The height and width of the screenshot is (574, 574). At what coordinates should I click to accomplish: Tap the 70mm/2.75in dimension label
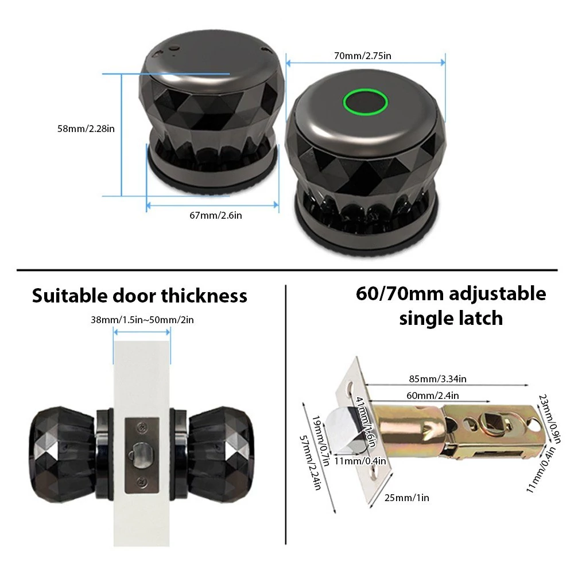point(362,56)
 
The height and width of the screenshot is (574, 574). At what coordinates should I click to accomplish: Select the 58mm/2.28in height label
point(86,129)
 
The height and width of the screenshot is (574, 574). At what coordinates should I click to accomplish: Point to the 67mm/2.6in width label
point(216,215)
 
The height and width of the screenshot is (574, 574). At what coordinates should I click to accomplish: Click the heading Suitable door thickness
point(139,296)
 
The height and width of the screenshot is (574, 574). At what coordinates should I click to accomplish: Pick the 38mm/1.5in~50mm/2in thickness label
point(142,320)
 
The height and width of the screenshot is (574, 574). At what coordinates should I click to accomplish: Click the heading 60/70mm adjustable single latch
point(451,306)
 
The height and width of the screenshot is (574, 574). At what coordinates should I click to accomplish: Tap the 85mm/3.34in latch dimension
point(437,378)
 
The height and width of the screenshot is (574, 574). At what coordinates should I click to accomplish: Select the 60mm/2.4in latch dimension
point(432,395)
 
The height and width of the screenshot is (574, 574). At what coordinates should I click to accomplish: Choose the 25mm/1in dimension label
point(407,498)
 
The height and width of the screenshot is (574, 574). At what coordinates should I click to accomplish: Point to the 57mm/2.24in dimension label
point(311,463)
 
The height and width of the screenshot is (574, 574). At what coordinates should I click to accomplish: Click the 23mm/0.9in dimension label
point(550,419)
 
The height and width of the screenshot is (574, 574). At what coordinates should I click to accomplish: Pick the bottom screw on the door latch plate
point(142,482)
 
